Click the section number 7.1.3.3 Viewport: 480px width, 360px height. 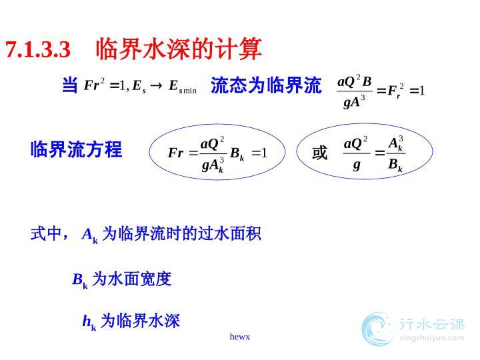pos(38,49)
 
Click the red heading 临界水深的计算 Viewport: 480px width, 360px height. pos(179,49)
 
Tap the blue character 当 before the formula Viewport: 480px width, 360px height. pos(70,85)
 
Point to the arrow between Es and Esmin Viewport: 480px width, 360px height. pos(156,85)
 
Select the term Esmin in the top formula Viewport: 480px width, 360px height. pos(183,87)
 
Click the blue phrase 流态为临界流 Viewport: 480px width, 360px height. pos(266,85)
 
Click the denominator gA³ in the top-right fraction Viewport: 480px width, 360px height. pos(354,101)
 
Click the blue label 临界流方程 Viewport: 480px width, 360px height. pos(76,149)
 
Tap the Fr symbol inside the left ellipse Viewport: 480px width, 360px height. pos(176,153)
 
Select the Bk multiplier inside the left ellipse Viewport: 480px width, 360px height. pos(237,154)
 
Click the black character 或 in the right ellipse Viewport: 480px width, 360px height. pos(320,153)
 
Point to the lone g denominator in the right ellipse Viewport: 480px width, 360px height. pos(356,165)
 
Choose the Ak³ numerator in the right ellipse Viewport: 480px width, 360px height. pos(396,143)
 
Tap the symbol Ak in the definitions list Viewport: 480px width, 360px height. pos(90,235)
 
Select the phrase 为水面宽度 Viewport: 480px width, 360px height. pos(132,279)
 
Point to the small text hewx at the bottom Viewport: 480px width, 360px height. pos(240,337)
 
